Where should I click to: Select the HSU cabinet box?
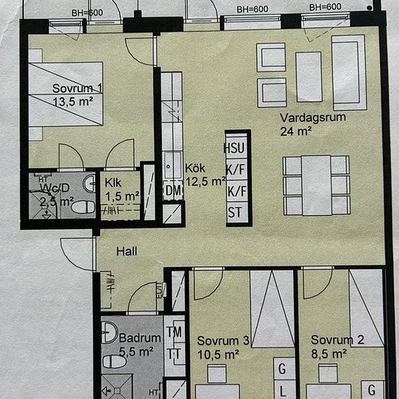(235, 148)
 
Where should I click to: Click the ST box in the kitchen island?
(235, 213)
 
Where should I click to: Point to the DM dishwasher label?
(173, 191)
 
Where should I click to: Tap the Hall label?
(129, 252)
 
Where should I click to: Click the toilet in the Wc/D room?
(82, 207)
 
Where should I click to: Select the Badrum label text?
(139, 338)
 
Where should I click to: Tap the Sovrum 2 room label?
(337, 340)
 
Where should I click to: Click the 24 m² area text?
(296, 131)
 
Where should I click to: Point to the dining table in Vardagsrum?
(316, 186)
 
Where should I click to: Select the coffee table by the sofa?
(309, 76)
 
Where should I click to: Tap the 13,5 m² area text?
(72, 102)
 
